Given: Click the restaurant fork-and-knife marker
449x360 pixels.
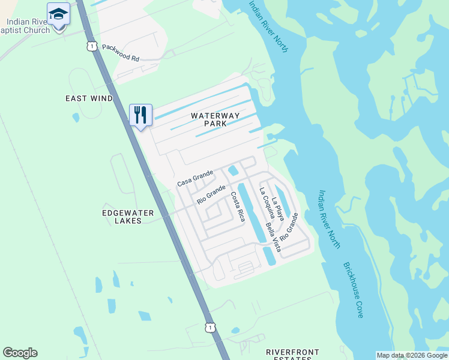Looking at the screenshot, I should pyautogui.click(x=140, y=115).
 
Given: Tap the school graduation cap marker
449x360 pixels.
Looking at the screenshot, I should pyautogui.click(x=58, y=14).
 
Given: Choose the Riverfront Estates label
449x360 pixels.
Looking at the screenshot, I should pyautogui.click(x=293, y=354).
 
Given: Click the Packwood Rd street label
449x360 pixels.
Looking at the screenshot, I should pyautogui.click(x=120, y=53).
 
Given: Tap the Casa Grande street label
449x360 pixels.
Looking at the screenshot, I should pyautogui.click(x=195, y=178).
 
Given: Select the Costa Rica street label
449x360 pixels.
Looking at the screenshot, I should pyautogui.click(x=238, y=207).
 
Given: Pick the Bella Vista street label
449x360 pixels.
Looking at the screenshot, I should pyautogui.click(x=273, y=236).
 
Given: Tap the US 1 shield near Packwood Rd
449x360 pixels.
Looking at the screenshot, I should pyautogui.click(x=91, y=46).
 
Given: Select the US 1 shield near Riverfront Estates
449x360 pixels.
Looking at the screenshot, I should pyautogui.click(x=209, y=327).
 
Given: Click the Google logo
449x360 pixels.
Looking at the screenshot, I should pyautogui.click(x=20, y=353).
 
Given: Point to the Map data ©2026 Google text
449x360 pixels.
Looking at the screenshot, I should pyautogui.click(x=411, y=355).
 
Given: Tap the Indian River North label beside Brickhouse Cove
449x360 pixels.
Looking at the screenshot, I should pyautogui.click(x=330, y=220).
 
